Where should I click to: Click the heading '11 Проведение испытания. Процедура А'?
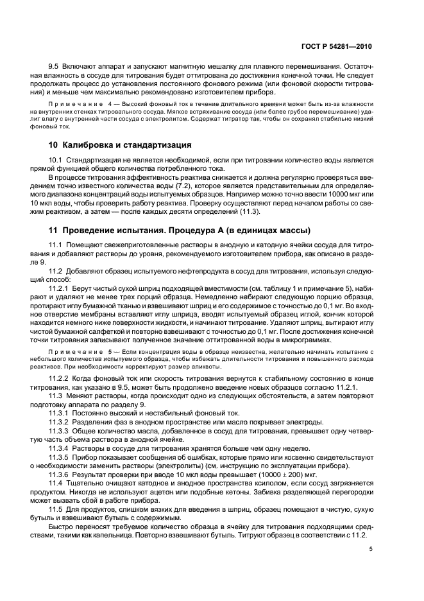coord(163,230)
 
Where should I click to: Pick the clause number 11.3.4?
coord(60,448)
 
